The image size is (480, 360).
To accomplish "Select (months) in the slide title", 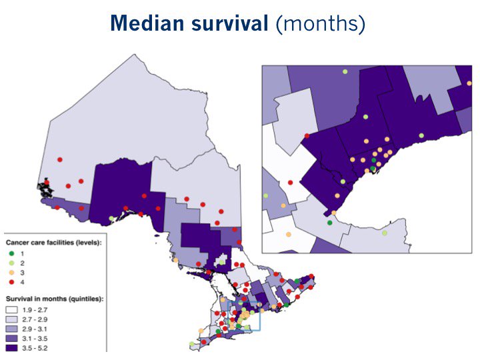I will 319,24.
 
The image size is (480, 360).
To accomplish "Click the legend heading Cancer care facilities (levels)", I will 53,243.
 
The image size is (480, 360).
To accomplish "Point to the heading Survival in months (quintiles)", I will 54,299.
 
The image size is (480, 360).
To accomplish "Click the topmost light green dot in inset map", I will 345,71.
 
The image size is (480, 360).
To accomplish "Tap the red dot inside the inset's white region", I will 290,182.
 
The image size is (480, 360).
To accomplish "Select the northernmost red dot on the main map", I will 59,159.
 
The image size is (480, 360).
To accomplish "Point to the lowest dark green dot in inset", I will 330,223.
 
